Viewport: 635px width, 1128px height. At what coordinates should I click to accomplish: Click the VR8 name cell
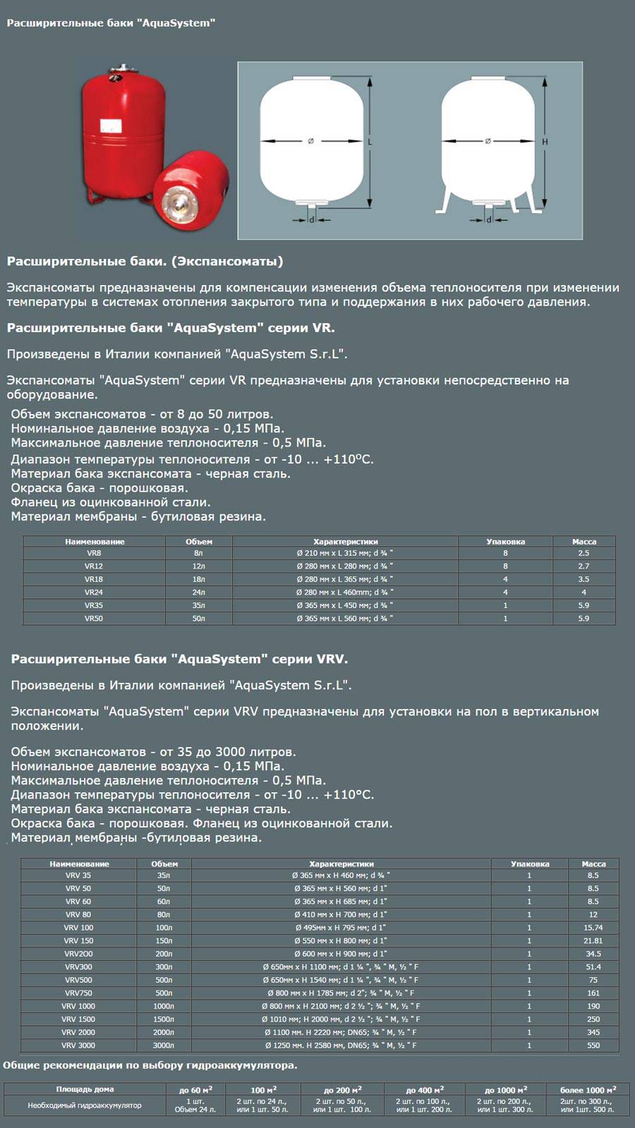[94, 553]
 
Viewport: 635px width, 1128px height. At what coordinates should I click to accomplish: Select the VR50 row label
[94, 618]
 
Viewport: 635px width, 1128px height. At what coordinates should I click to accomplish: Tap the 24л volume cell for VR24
[199, 592]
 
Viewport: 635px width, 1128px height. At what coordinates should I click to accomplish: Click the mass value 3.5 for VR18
[583, 579]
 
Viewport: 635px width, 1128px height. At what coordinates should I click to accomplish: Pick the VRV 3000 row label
[78, 1045]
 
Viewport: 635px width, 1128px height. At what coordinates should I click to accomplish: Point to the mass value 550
[593, 1045]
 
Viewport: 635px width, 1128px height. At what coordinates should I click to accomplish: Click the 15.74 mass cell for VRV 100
[593, 928]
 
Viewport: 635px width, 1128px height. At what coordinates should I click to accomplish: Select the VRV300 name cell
[78, 966]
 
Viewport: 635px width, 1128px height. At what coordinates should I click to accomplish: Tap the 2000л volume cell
[164, 1032]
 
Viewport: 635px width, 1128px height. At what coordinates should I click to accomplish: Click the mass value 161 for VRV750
[593, 993]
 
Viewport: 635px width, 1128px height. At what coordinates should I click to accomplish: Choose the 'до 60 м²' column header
[196, 1090]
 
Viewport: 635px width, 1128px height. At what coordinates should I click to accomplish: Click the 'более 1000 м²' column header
[588, 1090]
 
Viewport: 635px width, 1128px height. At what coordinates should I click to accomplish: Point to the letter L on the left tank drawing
[370, 142]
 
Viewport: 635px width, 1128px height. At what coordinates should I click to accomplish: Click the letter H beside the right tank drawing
[545, 142]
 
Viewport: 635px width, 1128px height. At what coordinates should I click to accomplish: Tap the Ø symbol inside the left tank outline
[310, 142]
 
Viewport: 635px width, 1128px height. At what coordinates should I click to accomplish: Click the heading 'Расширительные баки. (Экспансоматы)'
[145, 262]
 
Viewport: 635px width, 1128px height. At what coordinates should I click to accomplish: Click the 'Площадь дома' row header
[85, 1089]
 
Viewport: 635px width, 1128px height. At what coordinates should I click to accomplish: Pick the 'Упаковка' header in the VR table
[505, 541]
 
